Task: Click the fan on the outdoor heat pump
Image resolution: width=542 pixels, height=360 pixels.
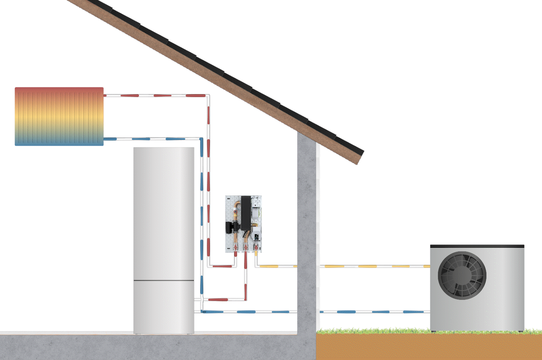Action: tap(462, 276)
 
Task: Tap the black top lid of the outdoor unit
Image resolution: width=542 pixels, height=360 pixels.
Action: tap(477, 246)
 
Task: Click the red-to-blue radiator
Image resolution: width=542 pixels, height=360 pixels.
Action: tap(59, 116)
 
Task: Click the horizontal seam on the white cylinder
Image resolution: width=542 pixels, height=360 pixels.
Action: tap(164, 280)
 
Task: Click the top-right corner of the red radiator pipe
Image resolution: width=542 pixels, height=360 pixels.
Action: tap(208, 96)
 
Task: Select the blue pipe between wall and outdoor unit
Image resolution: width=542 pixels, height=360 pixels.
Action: tap(373, 312)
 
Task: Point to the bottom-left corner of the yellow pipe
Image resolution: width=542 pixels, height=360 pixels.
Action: tap(256, 266)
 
